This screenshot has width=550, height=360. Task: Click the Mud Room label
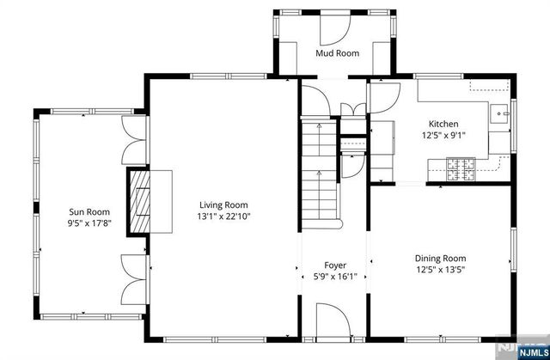click(x=337, y=53)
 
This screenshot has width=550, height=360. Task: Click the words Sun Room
click(x=89, y=211)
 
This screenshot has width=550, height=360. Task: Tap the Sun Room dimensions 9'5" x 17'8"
click(x=89, y=223)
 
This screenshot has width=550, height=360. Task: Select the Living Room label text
click(x=223, y=204)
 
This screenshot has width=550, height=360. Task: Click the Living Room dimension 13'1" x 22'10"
click(x=223, y=217)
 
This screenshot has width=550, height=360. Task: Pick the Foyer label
click(x=335, y=265)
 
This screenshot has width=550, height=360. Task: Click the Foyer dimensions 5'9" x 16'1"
click(x=335, y=277)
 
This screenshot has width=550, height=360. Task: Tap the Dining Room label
click(x=440, y=258)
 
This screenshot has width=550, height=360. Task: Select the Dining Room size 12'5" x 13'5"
click(x=440, y=270)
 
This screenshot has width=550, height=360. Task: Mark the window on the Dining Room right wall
click(x=512, y=257)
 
